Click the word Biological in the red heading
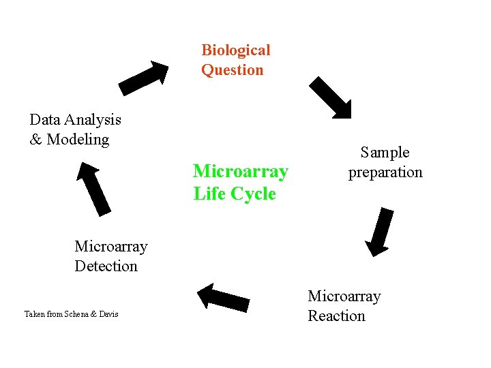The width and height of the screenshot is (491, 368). [235, 50]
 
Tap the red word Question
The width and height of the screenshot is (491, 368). [232, 70]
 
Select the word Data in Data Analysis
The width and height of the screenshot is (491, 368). [44, 120]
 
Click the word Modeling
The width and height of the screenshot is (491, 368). [78, 140]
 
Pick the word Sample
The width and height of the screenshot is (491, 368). [385, 153]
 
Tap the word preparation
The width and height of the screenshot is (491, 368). [385, 172]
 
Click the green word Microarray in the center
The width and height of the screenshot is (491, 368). [240, 170]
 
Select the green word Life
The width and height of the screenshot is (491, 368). [210, 194]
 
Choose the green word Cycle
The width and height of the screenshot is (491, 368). [254, 194]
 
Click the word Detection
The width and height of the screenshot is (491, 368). [106, 266]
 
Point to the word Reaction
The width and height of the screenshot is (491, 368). [336, 316]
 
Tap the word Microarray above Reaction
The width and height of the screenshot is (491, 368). [344, 296]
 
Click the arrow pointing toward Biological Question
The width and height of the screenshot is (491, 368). [144, 78]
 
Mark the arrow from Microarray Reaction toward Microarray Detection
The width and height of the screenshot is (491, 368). [223, 297]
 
